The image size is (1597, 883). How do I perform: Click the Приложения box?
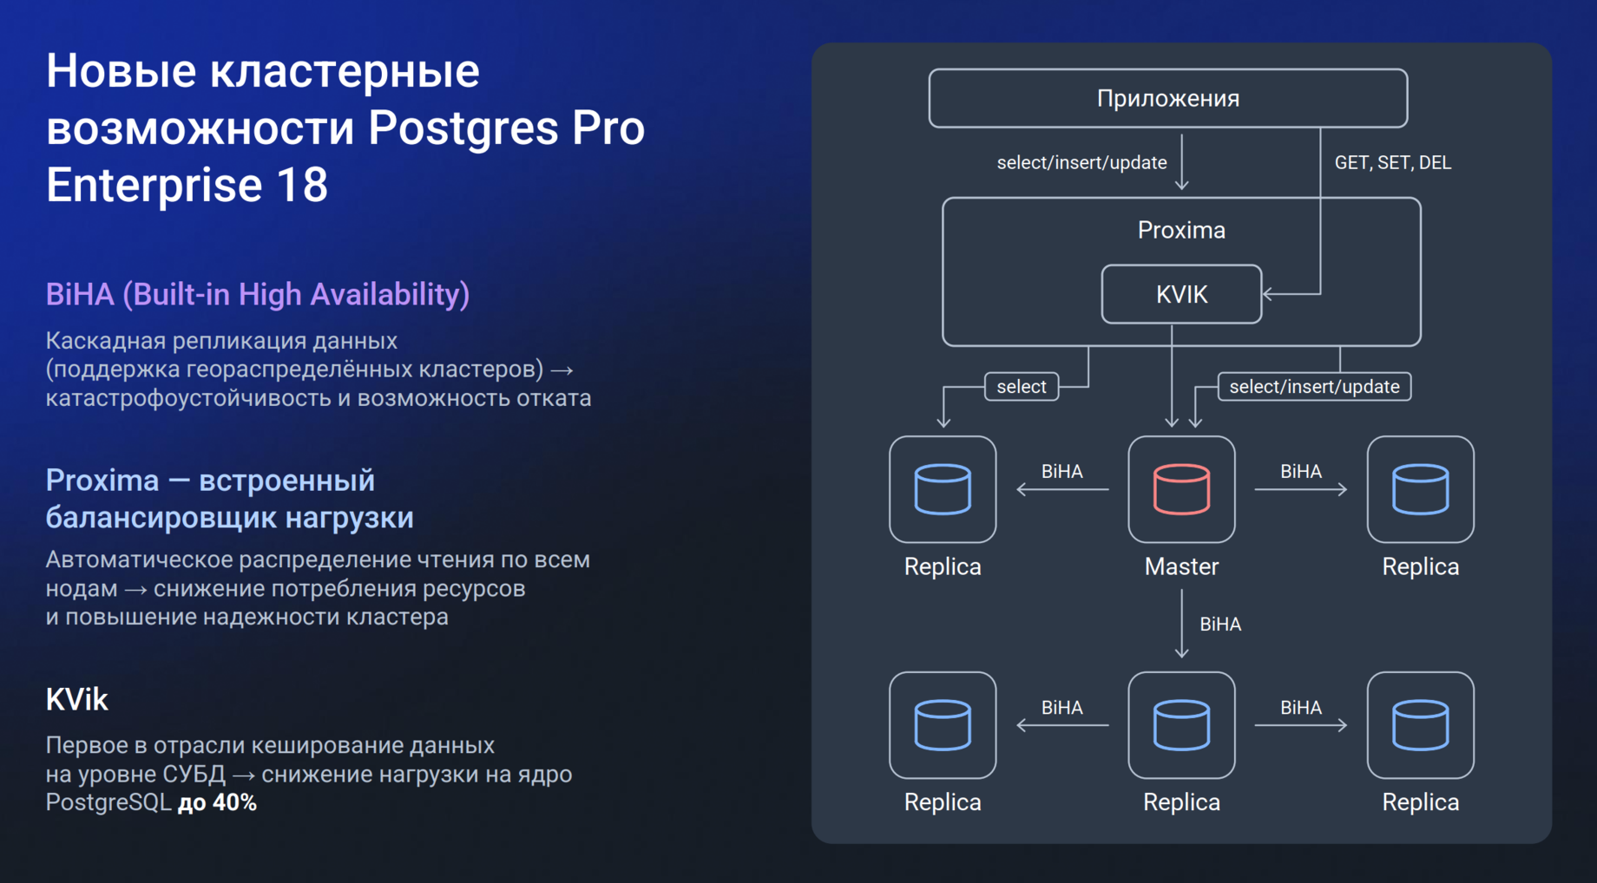coord(1167,98)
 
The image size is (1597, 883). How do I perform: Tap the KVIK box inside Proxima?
coord(1181,294)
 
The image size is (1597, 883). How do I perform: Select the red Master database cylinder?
coord(1181,489)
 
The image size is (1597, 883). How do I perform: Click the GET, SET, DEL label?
coord(1392,163)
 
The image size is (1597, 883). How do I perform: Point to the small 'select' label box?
coord(1022,387)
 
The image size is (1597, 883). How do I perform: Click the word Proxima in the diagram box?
coord(1181,230)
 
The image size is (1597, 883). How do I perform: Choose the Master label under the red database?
coord(1181,566)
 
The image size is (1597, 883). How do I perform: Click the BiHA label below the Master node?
coord(1219,625)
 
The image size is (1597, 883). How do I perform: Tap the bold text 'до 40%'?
coord(217,803)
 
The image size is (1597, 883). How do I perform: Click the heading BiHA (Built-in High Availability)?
coord(257,295)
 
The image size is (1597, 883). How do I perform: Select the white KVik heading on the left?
coord(76,699)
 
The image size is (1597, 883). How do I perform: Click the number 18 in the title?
coord(302,186)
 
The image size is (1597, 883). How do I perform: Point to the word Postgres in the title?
coord(463,128)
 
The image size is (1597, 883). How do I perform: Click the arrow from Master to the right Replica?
coord(1300,490)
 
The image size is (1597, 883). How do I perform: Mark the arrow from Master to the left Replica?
coord(1062,490)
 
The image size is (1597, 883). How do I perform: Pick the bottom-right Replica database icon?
coord(1420,725)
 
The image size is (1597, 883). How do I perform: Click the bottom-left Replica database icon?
coord(943,725)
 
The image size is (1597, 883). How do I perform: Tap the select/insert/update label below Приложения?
coord(1081,163)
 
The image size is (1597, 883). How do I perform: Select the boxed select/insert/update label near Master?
coord(1314,387)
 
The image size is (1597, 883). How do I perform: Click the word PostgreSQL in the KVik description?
coord(108,803)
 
